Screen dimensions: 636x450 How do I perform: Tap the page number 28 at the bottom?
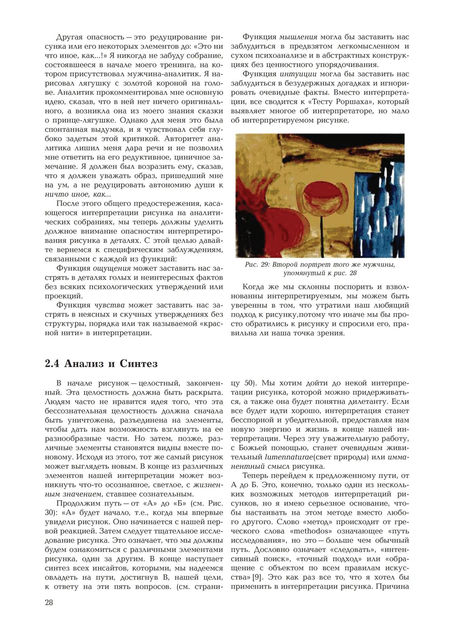(x=49, y=602)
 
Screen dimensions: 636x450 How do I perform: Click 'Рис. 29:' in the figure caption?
(x=257, y=264)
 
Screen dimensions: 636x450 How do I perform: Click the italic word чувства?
(x=109, y=305)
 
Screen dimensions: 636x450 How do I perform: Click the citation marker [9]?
(x=257, y=577)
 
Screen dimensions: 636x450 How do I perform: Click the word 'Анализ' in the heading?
(x=84, y=364)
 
